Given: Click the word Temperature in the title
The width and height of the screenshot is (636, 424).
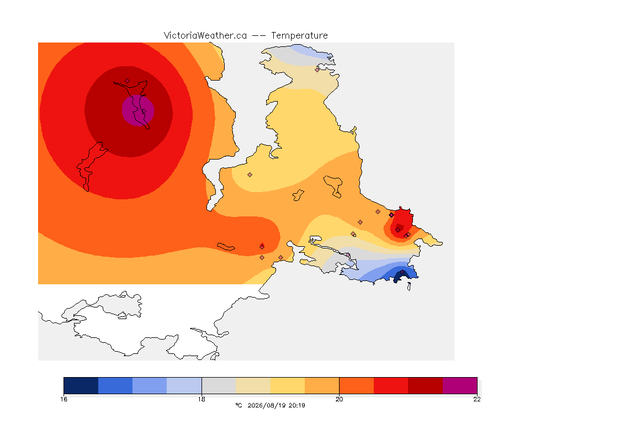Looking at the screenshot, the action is click(299, 36).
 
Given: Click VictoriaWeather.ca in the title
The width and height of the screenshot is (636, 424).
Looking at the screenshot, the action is click(205, 36).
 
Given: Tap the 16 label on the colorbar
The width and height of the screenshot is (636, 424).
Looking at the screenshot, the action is click(63, 399).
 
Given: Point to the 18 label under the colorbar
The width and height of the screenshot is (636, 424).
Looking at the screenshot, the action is click(202, 399).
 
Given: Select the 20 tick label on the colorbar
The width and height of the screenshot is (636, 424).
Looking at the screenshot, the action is click(339, 399).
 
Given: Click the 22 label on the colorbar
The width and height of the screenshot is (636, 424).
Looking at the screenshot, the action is click(477, 399).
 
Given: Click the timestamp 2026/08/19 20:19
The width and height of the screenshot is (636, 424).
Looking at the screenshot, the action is click(276, 405).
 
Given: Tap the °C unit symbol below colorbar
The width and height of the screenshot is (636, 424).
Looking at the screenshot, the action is click(239, 405).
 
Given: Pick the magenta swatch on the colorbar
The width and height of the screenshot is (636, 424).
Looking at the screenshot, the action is click(459, 385).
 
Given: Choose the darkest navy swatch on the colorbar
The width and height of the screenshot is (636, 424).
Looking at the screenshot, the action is click(81, 385).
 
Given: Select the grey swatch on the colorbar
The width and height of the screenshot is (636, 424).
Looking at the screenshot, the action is click(219, 385).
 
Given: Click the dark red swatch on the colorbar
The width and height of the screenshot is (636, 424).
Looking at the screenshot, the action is click(425, 385).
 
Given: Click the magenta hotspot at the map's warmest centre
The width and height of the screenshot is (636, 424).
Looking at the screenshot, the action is click(138, 110).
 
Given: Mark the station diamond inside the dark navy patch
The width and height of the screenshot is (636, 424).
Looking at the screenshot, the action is click(402, 272).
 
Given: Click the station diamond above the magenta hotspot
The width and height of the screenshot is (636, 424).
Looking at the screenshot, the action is click(128, 81).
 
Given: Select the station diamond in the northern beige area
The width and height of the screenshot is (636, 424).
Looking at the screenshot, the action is click(317, 70).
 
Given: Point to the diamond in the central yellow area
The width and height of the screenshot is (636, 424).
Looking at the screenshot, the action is click(250, 175).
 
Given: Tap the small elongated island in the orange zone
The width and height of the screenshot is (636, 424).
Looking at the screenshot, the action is click(226, 247).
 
